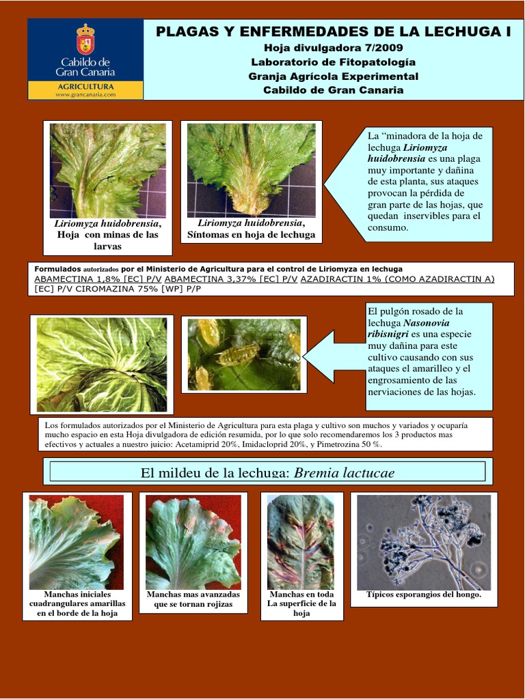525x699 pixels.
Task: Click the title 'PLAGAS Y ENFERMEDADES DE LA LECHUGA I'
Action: pyautogui.click(x=334, y=31)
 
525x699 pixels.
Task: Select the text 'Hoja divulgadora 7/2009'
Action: pyautogui.click(x=334, y=48)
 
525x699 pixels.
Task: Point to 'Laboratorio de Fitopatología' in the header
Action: pyautogui.click(x=334, y=62)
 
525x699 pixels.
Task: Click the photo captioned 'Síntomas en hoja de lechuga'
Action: pyautogui.click(x=251, y=170)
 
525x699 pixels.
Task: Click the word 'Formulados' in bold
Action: pyautogui.click(x=57, y=269)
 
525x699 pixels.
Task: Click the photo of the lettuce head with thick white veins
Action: pyautogui.click(x=102, y=364)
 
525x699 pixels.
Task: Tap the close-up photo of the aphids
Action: pyautogui.click(x=244, y=354)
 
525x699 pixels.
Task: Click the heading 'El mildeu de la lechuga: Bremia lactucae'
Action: pyautogui.click(x=267, y=472)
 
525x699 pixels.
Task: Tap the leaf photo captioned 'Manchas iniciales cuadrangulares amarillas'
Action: pyautogui.click(x=76, y=542)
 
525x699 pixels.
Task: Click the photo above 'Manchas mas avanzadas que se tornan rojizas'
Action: pyautogui.click(x=193, y=542)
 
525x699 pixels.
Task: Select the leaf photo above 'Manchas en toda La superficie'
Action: pyautogui.click(x=301, y=542)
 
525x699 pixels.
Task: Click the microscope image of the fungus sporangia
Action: pyautogui.click(x=424, y=542)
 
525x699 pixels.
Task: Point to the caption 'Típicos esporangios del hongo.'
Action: pyautogui.click(x=424, y=595)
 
